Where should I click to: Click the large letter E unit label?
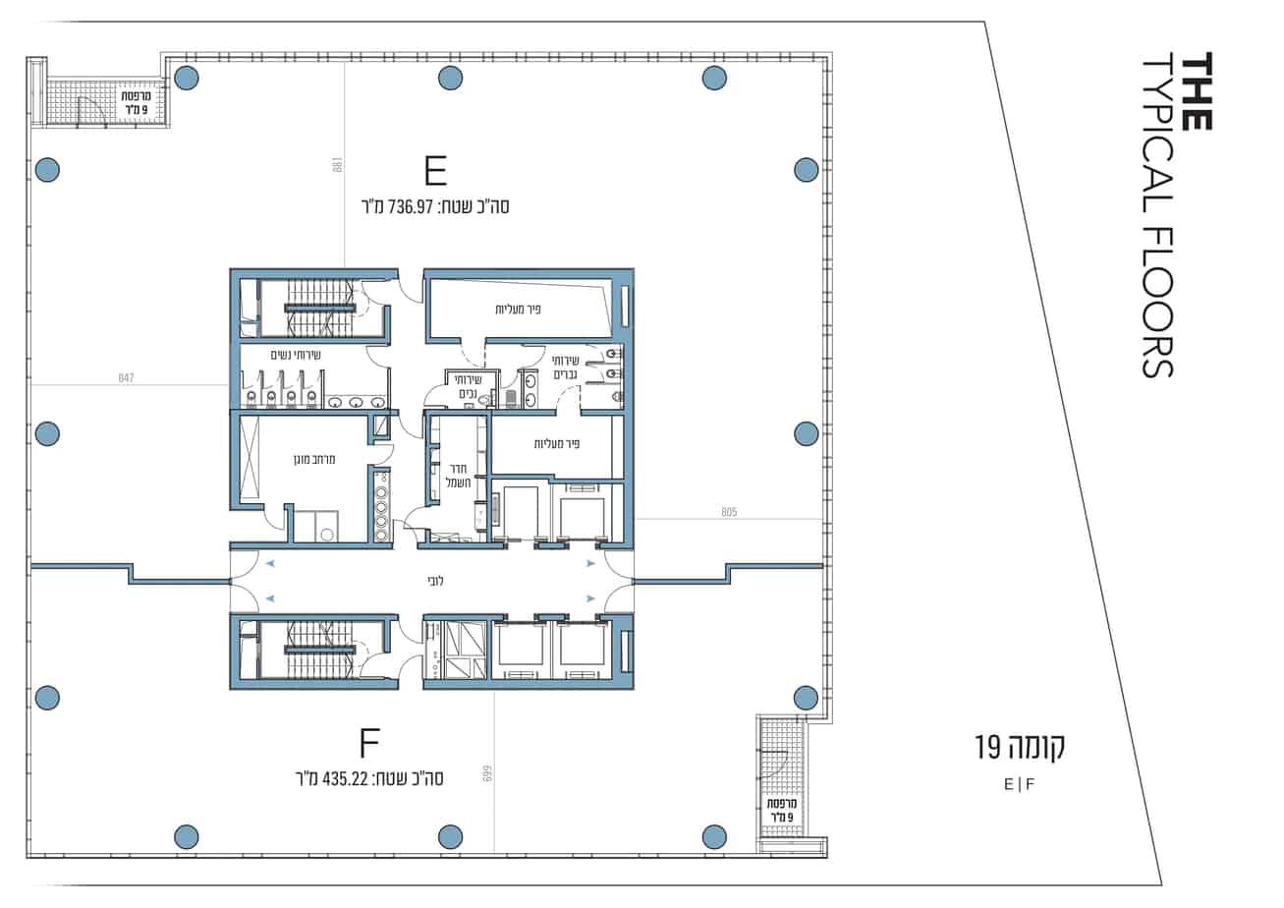(x=435, y=171)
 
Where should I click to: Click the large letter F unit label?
(x=369, y=743)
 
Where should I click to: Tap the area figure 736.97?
(x=411, y=206)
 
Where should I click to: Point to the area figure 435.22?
(x=345, y=779)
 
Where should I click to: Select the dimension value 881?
(x=337, y=165)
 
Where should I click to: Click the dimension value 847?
(x=126, y=377)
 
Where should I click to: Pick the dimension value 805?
(x=729, y=512)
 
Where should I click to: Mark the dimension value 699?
(x=488, y=774)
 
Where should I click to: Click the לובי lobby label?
(x=435, y=581)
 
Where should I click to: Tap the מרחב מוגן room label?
(x=314, y=459)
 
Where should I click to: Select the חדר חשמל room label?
(x=459, y=477)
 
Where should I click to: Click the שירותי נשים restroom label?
(x=295, y=355)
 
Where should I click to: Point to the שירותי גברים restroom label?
(x=565, y=368)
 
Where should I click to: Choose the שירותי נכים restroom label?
(x=470, y=387)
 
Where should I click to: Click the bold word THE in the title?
(x=1197, y=91)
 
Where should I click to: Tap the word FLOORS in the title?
(x=1158, y=303)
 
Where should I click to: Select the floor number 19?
(x=987, y=748)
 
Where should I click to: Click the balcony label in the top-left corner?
(x=137, y=102)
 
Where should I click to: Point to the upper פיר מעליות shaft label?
(x=518, y=310)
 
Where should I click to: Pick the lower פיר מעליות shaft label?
(x=557, y=444)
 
